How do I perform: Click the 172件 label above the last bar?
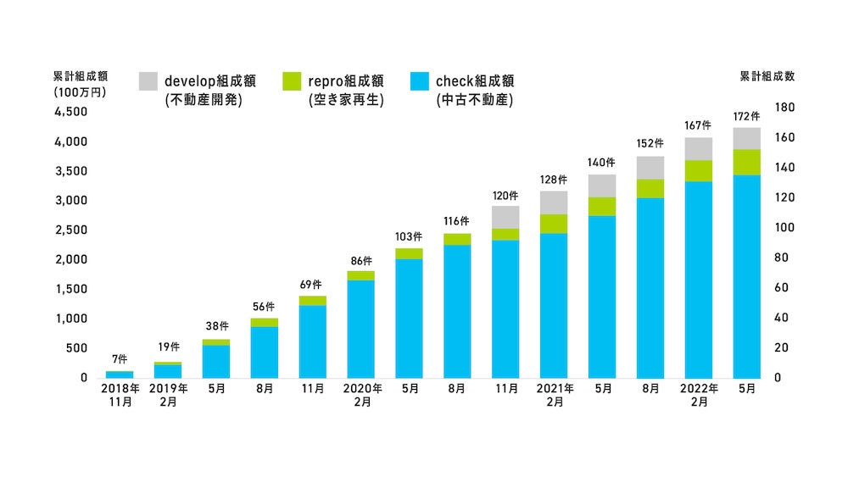click(x=746, y=114)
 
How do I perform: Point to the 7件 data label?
click(x=120, y=360)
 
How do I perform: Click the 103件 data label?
click(x=409, y=236)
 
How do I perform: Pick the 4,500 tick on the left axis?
click(x=72, y=112)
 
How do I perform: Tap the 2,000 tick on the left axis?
click(x=72, y=259)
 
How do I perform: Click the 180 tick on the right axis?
click(x=783, y=108)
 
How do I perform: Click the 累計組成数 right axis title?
click(x=767, y=75)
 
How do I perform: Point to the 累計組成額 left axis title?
click(x=80, y=75)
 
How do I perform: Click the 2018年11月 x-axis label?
click(x=120, y=396)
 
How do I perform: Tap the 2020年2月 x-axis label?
click(x=360, y=396)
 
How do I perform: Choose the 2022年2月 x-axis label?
click(x=698, y=396)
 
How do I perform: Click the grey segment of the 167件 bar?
click(x=698, y=148)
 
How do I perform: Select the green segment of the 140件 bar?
click(x=602, y=206)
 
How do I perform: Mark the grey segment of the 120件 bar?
click(x=505, y=217)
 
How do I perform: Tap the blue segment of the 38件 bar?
click(x=215, y=361)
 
